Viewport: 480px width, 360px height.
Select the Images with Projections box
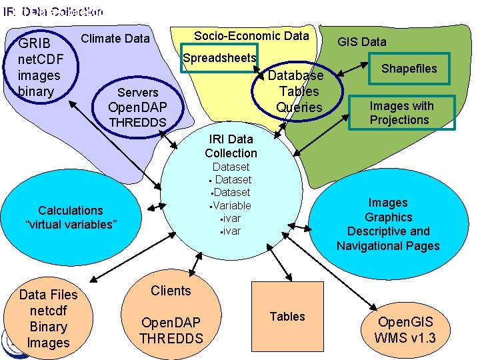coord(402,113)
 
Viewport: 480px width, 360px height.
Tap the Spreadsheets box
coord(219,59)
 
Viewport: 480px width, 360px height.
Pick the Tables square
coord(287,317)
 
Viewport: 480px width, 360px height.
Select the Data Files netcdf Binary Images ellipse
coord(48,319)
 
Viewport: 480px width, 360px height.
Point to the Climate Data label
coord(115,39)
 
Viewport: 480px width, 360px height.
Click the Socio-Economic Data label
coord(251,36)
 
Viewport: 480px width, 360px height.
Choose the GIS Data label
coord(361,41)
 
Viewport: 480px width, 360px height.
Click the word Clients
coord(171,291)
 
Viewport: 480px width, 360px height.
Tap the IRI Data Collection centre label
coord(231,146)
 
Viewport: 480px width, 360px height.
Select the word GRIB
coord(34,45)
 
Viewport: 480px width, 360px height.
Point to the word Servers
coord(137,93)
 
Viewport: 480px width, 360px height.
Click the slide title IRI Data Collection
coord(53,11)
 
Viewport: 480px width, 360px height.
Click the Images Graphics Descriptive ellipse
coord(388,224)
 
